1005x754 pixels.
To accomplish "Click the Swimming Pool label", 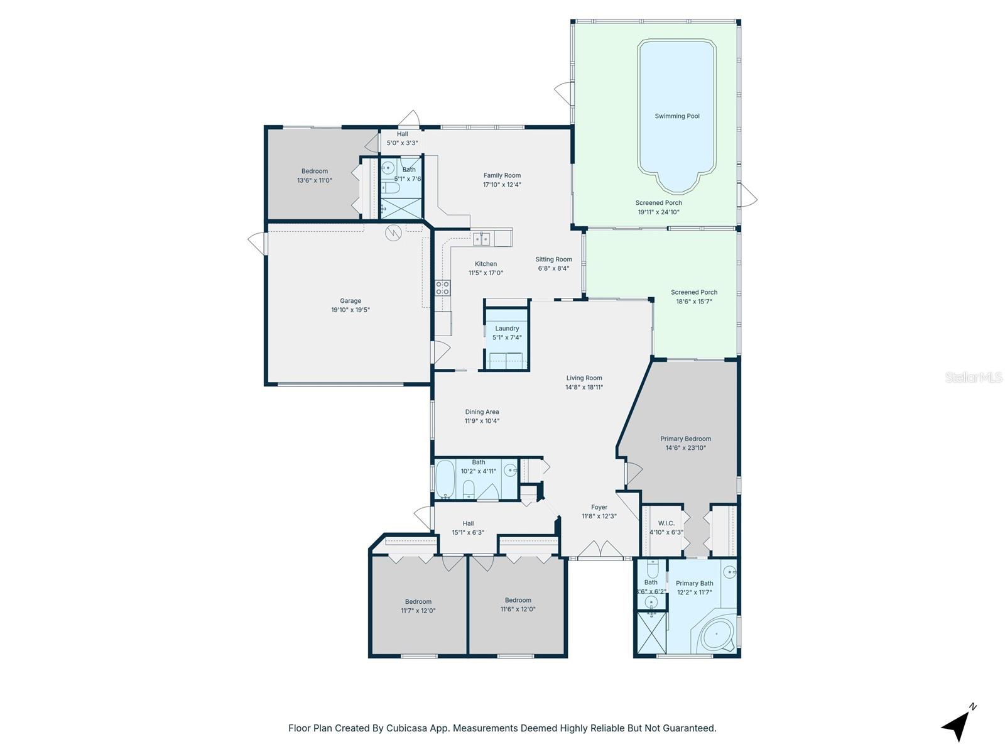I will tap(676, 116).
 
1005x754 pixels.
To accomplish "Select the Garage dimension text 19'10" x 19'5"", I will tap(350, 310).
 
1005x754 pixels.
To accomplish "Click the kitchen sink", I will tap(482, 239).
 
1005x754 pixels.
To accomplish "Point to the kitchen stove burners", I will tap(443, 288).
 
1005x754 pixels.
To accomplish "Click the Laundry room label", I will tap(507, 329).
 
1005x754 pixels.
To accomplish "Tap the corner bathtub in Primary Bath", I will tap(716, 636).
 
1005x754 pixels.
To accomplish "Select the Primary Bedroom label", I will tap(685, 439).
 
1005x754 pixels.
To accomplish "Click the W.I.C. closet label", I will tap(666, 523).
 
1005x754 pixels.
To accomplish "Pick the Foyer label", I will tap(599, 507).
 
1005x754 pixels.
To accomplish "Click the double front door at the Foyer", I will tap(600, 549).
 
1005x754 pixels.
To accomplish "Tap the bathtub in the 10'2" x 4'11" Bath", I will tap(445, 479).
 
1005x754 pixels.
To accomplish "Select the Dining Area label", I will tap(482, 412).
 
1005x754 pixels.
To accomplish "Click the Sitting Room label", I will tap(553, 260).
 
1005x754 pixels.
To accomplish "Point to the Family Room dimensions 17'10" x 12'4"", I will tap(502, 185).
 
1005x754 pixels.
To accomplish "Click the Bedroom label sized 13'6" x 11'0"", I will tap(314, 172).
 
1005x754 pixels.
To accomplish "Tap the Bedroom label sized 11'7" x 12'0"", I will tap(418, 602).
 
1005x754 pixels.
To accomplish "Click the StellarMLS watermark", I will tap(973, 377).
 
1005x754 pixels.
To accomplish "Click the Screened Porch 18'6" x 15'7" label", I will tap(693, 292).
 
